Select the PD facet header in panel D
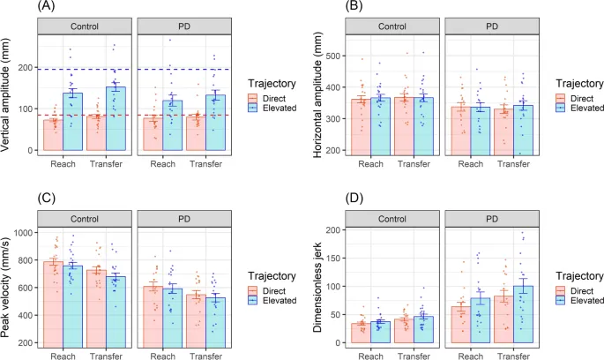coord(493,217)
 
